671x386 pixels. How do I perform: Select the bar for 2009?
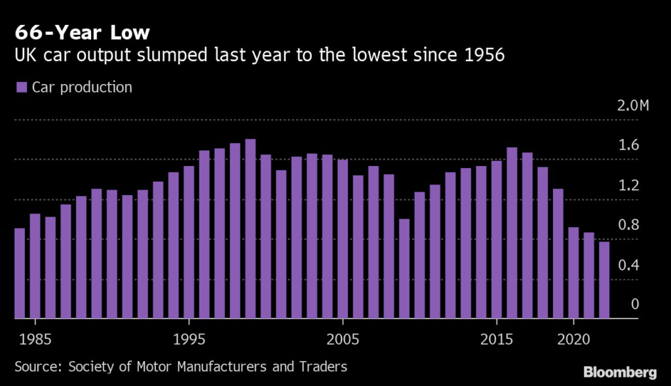tap(404, 268)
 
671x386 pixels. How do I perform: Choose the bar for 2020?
tap(573, 272)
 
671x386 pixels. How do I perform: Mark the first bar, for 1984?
tap(20, 273)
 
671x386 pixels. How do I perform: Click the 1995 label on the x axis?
tap(189, 341)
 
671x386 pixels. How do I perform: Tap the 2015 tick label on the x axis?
tap(497, 341)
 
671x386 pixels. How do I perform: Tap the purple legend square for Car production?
tap(21, 87)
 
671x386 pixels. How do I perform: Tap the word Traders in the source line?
tap(326, 366)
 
